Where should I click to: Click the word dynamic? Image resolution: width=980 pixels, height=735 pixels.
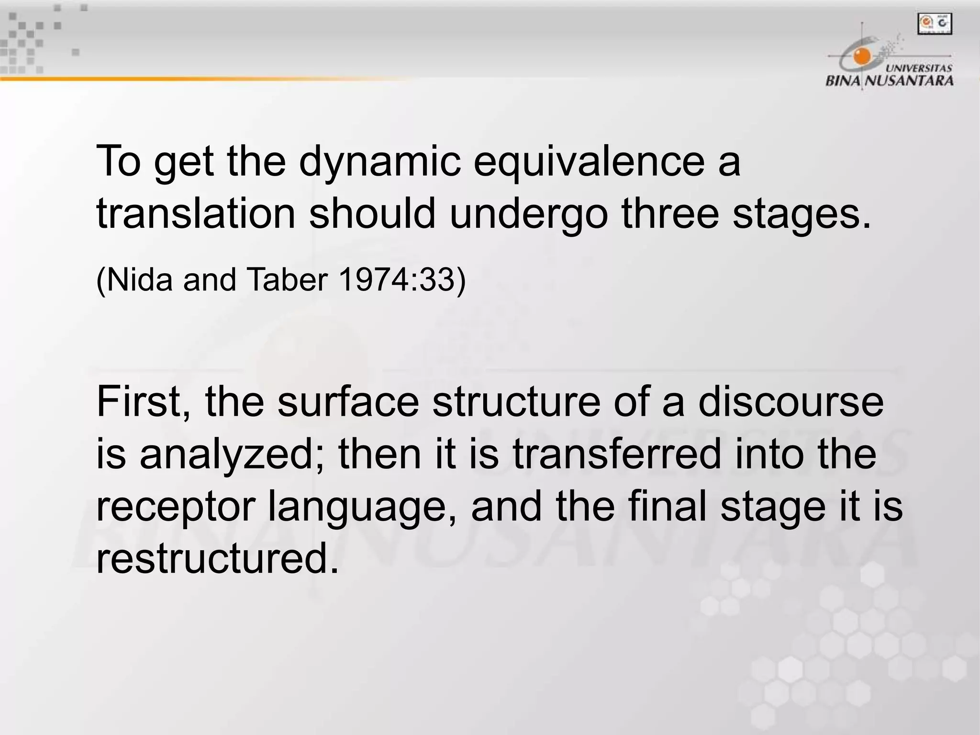(x=380, y=162)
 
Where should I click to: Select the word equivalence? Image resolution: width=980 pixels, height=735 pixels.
(x=588, y=162)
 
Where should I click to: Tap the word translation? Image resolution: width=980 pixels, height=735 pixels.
(x=196, y=213)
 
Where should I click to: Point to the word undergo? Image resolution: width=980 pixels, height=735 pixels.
(x=528, y=213)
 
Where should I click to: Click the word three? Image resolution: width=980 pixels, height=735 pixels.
(x=670, y=213)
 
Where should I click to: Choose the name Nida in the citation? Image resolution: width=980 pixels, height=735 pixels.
(x=139, y=279)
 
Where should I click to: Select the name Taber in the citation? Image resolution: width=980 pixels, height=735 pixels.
(x=286, y=279)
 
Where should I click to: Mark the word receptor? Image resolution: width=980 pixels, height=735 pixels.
(x=174, y=506)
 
